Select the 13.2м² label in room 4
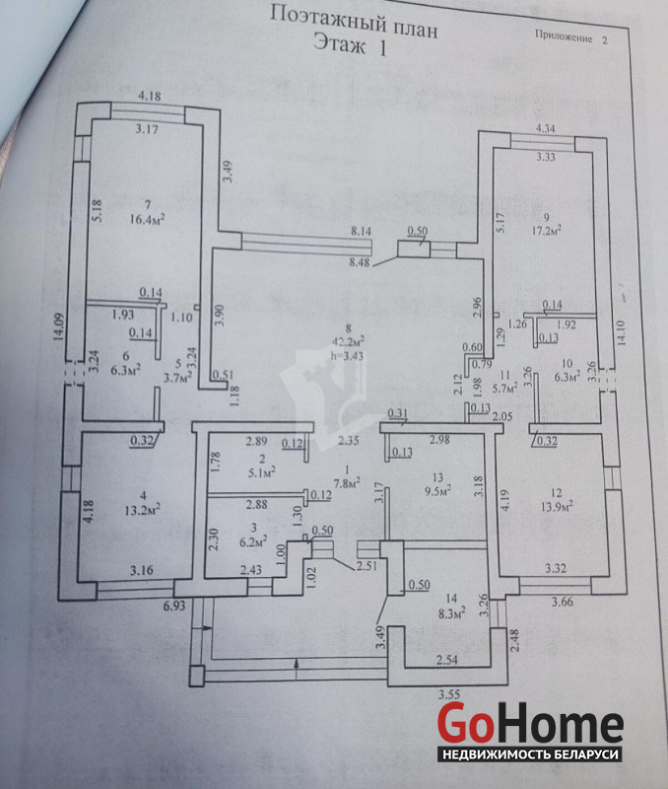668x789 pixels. pyautogui.click(x=144, y=509)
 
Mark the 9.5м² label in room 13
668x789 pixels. pyautogui.click(x=436, y=487)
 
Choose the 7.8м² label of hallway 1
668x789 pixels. pyautogui.click(x=348, y=482)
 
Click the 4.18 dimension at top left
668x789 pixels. pyautogui.click(x=150, y=96)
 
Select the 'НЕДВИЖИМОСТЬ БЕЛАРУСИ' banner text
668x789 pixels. pyautogui.click(x=530, y=754)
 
